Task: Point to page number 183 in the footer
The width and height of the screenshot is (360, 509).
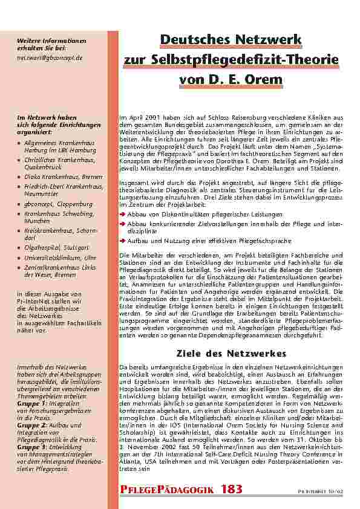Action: coord(232,490)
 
